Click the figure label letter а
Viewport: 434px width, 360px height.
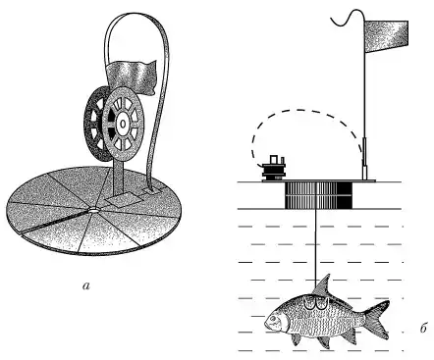(x=86, y=286)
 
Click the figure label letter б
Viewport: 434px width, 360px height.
(x=423, y=328)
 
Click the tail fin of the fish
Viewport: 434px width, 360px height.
(x=377, y=319)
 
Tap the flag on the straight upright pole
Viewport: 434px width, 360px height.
(x=386, y=36)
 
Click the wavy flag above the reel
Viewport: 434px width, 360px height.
(x=131, y=76)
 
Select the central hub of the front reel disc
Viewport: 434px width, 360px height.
(x=123, y=124)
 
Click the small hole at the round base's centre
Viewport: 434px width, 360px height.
(x=93, y=211)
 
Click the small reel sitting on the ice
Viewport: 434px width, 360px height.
(x=274, y=169)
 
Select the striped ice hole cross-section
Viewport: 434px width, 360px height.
(x=318, y=195)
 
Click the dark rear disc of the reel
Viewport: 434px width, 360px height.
(x=95, y=125)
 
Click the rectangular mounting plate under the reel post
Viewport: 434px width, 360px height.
(x=124, y=200)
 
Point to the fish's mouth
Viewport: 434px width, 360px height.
(x=266, y=322)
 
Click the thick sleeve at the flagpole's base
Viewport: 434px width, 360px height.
(x=365, y=159)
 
